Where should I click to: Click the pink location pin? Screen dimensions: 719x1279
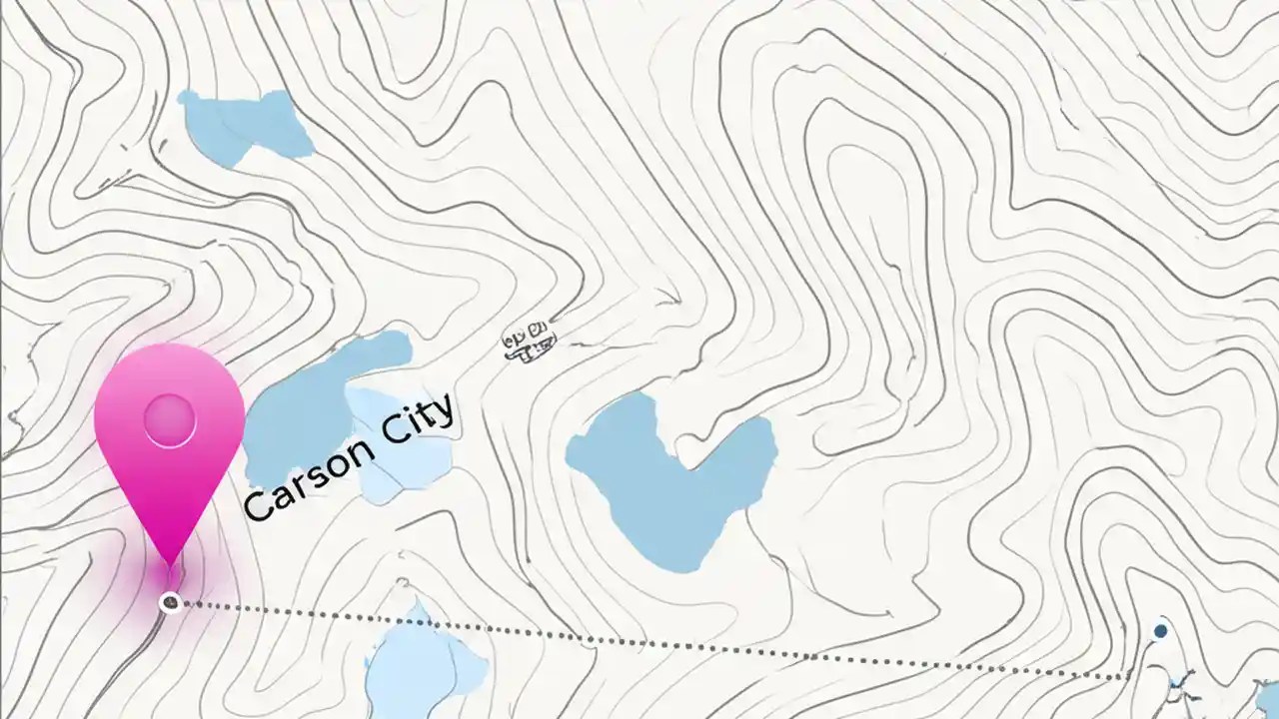click(169, 439)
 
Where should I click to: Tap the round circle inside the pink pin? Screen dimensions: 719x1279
click(169, 419)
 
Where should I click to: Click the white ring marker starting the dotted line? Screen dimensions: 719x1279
click(171, 602)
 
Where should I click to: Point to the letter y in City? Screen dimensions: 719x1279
click(443, 410)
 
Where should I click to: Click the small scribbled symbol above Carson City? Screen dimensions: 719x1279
click(529, 341)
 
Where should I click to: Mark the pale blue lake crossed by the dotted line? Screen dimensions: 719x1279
click(420, 664)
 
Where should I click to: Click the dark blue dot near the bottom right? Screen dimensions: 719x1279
click(1160, 631)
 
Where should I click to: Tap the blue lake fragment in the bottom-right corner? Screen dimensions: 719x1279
click(1267, 698)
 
